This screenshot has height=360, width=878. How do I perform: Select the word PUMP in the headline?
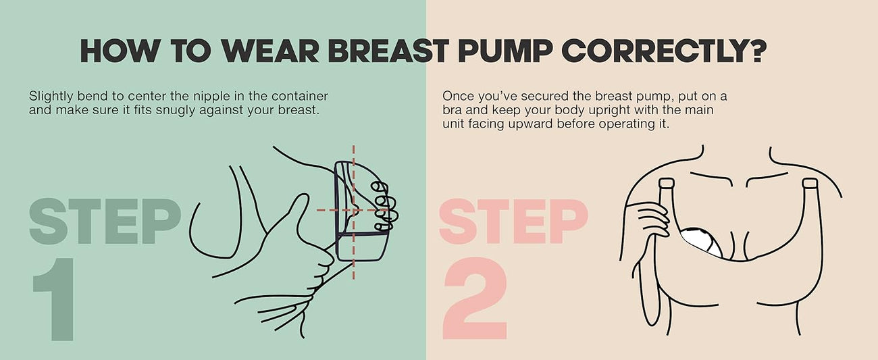[504, 51]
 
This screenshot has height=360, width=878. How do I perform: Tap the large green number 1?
[55, 299]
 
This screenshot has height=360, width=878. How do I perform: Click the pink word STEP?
[513, 222]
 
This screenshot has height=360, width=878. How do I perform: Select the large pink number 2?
[475, 299]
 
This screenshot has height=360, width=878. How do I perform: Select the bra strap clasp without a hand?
[810, 183]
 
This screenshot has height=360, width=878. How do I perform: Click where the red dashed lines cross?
[354, 210]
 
